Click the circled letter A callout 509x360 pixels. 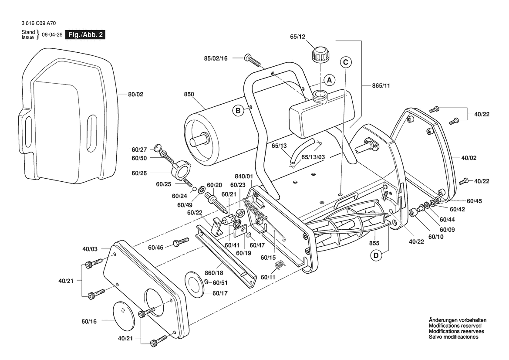coord(330,80)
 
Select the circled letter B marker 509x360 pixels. coord(238,111)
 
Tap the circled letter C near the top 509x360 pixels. coord(345,62)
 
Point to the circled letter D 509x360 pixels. coord(375,255)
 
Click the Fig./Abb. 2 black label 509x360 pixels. coord(85,35)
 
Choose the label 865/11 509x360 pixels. coord(381,86)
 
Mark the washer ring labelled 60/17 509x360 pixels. coord(196,283)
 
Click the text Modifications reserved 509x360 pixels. coord(455,326)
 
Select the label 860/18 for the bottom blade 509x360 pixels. coord(214,274)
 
